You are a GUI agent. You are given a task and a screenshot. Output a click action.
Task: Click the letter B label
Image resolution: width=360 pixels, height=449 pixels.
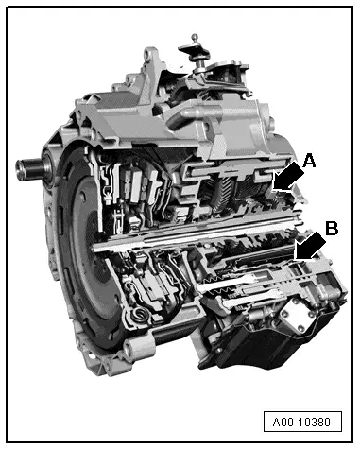pyautogui.click(x=331, y=228)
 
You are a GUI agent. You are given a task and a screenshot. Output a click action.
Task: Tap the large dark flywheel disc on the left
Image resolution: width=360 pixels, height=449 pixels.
pyautogui.click(x=76, y=236)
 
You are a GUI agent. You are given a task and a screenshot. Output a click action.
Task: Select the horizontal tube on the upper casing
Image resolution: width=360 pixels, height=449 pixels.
pyautogui.click(x=217, y=132)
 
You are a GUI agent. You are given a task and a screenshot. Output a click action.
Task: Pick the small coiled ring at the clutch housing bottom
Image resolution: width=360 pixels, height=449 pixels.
pyautogui.click(x=139, y=313)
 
